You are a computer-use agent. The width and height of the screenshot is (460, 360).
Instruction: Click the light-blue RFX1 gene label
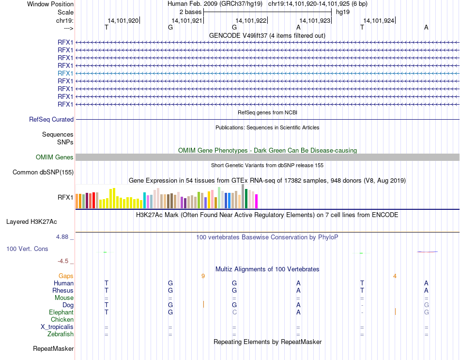point(65,73)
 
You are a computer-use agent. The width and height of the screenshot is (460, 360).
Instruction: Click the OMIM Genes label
point(55,157)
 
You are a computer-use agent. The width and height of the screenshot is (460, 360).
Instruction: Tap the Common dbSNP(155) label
point(43,172)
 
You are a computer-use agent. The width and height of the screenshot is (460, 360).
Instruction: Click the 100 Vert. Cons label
point(27,249)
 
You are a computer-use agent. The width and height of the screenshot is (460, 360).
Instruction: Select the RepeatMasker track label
point(53,349)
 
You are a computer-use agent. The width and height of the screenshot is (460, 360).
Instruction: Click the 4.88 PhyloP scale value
point(63,237)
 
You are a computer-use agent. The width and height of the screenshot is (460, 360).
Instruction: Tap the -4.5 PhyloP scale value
point(63,261)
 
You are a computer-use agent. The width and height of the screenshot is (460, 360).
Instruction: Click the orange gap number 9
point(203,276)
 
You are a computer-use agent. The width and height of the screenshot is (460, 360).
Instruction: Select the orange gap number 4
point(395,276)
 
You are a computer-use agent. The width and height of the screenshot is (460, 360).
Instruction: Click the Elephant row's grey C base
point(234,313)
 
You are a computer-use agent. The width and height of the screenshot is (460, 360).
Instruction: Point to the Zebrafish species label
point(61,334)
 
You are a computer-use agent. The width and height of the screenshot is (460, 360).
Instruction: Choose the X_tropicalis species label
point(57,327)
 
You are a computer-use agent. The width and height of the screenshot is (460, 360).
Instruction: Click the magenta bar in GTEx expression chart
point(257,201)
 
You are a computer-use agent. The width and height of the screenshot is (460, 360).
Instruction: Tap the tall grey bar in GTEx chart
point(243,196)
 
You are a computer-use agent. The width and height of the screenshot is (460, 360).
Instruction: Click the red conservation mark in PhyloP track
point(428,251)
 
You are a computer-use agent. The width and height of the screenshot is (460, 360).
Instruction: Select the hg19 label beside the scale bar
point(343,11)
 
